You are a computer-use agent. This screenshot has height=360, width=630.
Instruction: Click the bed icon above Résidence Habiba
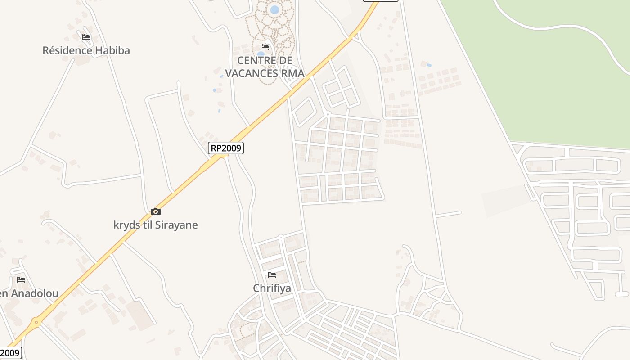click(x=86, y=37)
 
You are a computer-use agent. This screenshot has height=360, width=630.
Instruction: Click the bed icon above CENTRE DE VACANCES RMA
click(x=265, y=47)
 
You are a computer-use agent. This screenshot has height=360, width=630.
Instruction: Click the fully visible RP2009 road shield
click(x=226, y=148)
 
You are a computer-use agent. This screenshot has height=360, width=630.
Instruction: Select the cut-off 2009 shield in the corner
click(x=10, y=353)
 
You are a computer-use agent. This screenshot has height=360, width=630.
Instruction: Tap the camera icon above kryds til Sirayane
click(x=156, y=211)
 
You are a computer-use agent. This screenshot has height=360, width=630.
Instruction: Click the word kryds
click(x=127, y=225)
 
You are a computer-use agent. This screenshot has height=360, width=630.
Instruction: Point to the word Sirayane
click(x=176, y=225)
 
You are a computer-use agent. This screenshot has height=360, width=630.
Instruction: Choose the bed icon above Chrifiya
click(x=272, y=274)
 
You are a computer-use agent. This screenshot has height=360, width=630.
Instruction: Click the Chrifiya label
click(x=272, y=288)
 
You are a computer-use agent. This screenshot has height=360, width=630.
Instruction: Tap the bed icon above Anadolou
click(x=21, y=279)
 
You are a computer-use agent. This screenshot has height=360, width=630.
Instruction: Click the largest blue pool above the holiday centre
click(x=274, y=9)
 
